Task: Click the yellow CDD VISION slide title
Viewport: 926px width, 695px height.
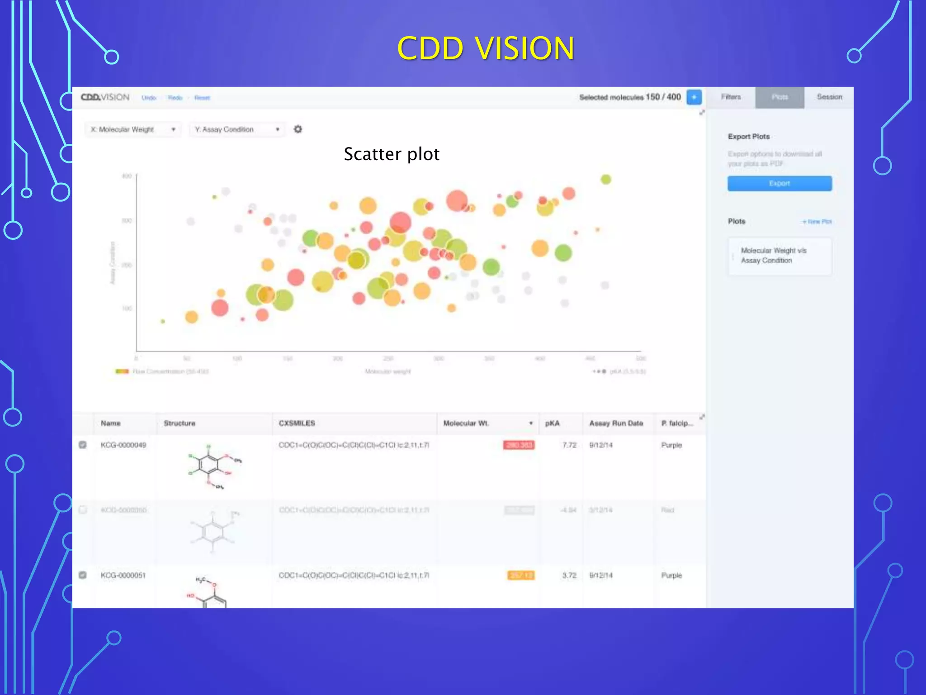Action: pos(486,48)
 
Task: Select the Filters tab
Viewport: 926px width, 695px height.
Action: pos(731,97)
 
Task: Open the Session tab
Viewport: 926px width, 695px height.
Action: pos(829,97)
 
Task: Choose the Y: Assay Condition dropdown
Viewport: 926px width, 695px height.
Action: pos(237,129)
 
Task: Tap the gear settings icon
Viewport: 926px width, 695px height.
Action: pos(298,129)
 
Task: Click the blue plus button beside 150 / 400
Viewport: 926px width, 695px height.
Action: pos(694,97)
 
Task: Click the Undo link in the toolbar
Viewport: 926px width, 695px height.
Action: pos(149,98)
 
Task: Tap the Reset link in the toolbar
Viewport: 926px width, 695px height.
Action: pos(202,98)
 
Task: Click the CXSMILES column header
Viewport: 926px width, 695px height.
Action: pos(297,423)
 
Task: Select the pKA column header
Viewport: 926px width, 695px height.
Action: pos(552,423)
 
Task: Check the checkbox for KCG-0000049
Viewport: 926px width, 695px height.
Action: pos(83,445)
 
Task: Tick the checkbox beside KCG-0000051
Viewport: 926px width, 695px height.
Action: pos(83,575)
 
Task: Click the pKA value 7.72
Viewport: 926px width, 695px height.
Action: pos(569,445)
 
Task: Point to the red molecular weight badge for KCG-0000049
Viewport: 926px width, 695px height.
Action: pos(519,445)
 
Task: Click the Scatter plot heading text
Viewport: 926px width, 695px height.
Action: pos(392,154)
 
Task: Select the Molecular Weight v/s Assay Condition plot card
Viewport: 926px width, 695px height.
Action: pos(780,256)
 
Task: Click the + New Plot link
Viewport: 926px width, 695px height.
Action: pos(817,222)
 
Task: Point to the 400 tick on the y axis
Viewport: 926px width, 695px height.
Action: pos(127,176)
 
